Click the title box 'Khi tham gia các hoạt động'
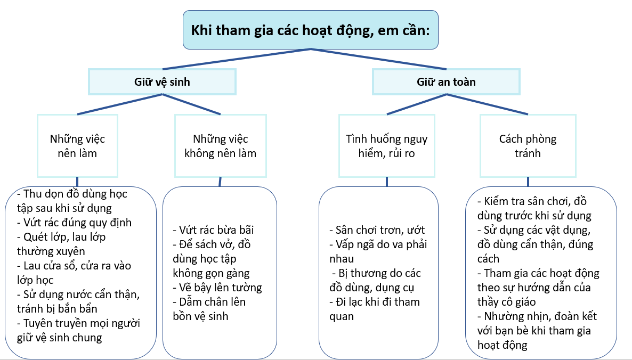[311, 29]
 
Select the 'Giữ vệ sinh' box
[162, 82]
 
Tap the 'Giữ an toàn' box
[446, 82]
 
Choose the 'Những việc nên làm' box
[78, 146]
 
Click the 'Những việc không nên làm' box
[220, 146]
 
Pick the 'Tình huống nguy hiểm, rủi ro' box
[386, 146]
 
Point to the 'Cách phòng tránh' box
[528, 146]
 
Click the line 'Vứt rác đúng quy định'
[74, 223]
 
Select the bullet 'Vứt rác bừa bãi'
[213, 230]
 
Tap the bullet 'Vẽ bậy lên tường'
[217, 288]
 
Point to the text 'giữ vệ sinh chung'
[59, 337]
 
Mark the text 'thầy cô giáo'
[506, 302]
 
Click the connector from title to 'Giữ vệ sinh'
[234, 59]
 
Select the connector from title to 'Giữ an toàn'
[378, 59]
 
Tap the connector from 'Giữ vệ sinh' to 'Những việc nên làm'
[120, 105]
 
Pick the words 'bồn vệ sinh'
[200, 316]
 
